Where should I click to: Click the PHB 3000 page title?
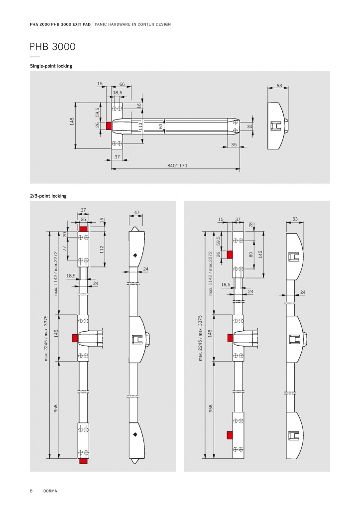pyautogui.click(x=52, y=47)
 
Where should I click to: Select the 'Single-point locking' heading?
pyautogui.click(x=51, y=66)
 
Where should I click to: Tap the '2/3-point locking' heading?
pyautogui.click(x=48, y=196)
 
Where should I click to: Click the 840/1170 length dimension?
pyautogui.click(x=177, y=165)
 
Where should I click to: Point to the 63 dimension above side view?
pyautogui.click(x=279, y=86)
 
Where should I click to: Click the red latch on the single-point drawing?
pyautogui.click(x=109, y=126)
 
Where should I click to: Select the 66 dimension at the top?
pyautogui.click(x=122, y=84)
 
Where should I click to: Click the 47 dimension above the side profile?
pyautogui.click(x=136, y=213)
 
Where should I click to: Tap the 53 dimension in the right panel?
pyautogui.click(x=295, y=219)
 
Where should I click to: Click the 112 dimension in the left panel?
pyautogui.click(x=102, y=249)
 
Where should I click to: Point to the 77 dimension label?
pyautogui.click(x=64, y=248)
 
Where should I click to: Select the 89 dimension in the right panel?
pyautogui.click(x=251, y=255)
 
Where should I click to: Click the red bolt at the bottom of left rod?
pyautogui.click(x=84, y=461)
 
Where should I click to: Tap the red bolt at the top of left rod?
pyautogui.click(x=84, y=229)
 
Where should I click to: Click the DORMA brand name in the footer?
pyautogui.click(x=50, y=491)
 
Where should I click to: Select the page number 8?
pyautogui.click(x=31, y=491)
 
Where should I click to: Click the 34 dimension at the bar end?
pyautogui.click(x=249, y=127)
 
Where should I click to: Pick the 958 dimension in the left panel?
pyautogui.click(x=56, y=408)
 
